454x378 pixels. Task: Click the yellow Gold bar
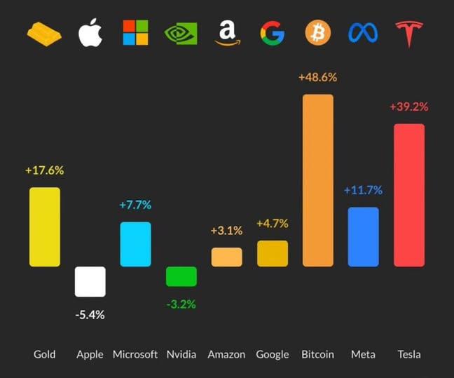(44, 227)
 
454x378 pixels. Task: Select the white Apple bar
(90, 281)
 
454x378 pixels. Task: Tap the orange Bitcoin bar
(317, 180)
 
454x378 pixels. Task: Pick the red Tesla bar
(409, 195)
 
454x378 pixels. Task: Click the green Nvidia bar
(181, 276)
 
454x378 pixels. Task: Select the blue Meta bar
(363, 236)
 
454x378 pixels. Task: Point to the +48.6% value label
(317, 77)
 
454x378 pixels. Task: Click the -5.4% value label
(90, 315)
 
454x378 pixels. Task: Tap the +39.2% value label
(408, 107)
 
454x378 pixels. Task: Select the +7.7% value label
(135, 205)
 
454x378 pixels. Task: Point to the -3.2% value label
(181, 304)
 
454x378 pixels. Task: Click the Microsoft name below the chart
(135, 354)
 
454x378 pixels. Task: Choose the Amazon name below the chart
(226, 354)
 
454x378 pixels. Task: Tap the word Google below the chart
(272, 354)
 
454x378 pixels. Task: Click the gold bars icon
(44, 33)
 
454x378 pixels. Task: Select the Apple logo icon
(90, 32)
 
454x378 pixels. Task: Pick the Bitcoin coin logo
(317, 32)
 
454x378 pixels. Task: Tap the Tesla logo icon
(409, 33)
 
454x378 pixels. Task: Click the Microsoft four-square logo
(135, 32)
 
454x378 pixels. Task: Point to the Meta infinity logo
(363, 32)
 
